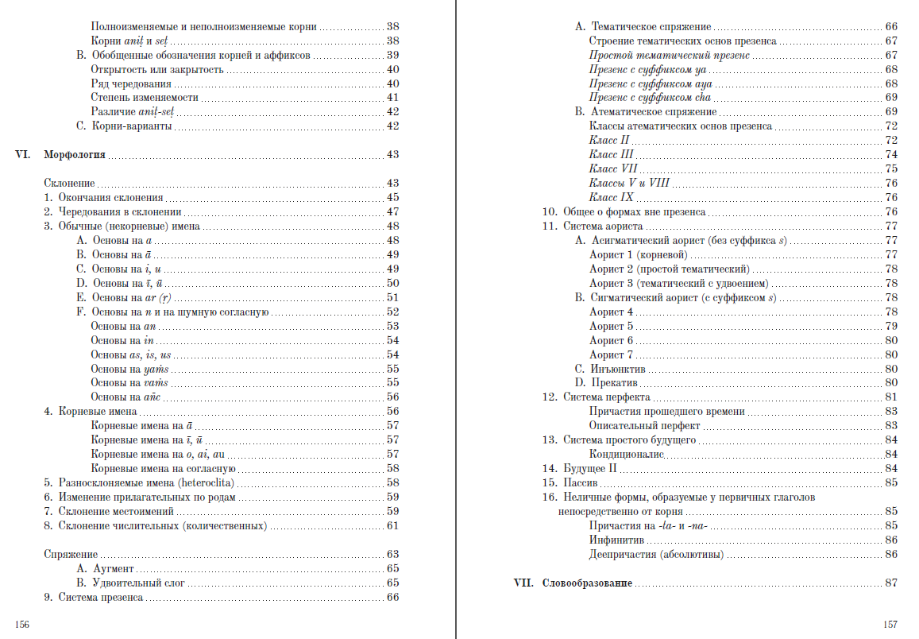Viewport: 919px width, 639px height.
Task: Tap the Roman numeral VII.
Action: point(523,583)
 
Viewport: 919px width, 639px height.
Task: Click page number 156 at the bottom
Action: point(22,625)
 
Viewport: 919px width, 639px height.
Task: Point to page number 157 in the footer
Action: point(890,625)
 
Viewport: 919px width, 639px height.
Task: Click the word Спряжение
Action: point(71,555)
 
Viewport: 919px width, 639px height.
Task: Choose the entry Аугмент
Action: point(114,569)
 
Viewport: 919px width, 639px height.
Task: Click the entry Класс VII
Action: point(613,169)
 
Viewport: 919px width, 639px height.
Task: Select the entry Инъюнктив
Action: point(618,369)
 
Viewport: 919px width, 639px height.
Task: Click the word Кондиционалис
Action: point(627,455)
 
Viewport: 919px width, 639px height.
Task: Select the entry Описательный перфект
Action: point(644,426)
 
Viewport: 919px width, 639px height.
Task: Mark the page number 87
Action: point(891,583)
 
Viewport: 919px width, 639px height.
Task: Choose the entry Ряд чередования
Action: point(131,83)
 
